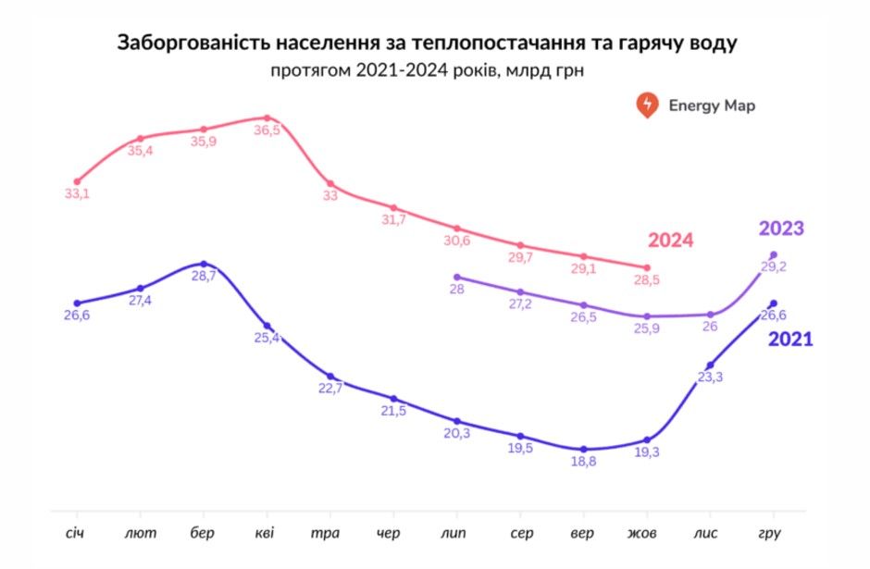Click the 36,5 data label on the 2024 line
pos(267,131)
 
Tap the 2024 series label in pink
pos(670,241)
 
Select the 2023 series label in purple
pos(781,229)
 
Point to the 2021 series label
pos(790,340)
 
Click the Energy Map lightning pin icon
pos(647,105)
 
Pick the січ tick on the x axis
pos(76,534)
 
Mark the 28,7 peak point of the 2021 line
pos(204,264)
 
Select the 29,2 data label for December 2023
pos(773,266)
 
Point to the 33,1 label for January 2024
pos(77,194)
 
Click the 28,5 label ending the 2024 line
pos(647,279)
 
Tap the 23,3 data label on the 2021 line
pos(710,377)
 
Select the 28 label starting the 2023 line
pos(456,289)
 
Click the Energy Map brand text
pos(712,105)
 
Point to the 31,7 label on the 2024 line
pos(393,219)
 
